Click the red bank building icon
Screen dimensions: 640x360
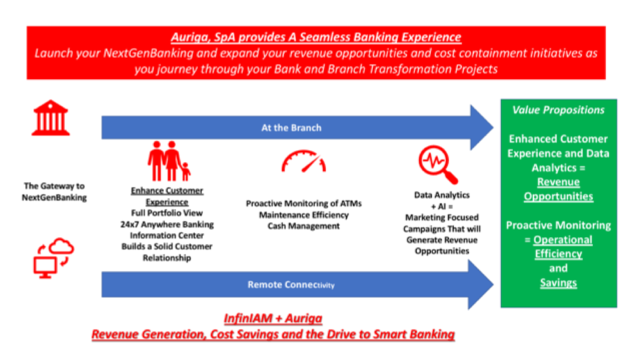tap(51, 118)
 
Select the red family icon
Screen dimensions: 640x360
tap(169, 161)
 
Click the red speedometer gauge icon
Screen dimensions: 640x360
tap(303, 161)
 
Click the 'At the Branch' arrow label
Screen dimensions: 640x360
tap(291, 127)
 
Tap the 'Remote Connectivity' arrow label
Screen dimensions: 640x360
tap(291, 284)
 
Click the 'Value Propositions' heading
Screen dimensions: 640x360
tap(558, 110)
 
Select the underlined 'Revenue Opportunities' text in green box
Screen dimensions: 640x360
tap(558, 189)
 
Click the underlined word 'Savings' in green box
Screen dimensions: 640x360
tap(558, 282)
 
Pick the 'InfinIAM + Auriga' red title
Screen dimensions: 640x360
tap(273, 318)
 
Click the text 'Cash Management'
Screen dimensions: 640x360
tap(304, 226)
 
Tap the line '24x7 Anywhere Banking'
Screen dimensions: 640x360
tap(167, 224)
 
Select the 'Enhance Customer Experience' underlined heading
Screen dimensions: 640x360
tap(167, 196)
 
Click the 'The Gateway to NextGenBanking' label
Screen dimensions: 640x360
tap(54, 191)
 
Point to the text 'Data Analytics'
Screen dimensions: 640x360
tap(442, 195)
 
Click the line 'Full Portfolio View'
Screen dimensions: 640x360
tap(167, 212)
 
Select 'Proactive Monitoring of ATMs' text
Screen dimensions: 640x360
tap(304, 203)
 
